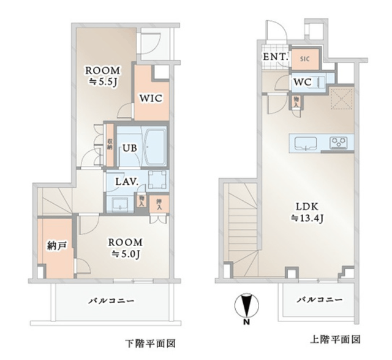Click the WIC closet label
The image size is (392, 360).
click(151, 99)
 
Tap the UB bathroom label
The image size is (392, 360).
click(130, 148)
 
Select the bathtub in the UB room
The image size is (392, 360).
click(154, 146)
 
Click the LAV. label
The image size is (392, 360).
click(127, 182)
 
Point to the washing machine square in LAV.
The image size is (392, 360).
click(157, 179)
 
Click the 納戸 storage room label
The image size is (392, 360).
click(57, 246)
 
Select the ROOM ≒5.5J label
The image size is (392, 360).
click(103, 76)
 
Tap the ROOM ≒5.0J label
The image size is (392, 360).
click(125, 248)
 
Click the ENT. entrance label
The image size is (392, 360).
click(274, 57)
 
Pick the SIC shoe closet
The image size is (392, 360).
click(305, 59)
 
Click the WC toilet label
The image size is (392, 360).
click(303, 82)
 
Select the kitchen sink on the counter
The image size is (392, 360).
click(306, 144)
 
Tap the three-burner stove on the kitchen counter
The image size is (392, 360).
click(339, 143)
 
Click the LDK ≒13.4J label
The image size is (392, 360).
click(307, 212)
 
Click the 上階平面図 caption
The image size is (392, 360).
click(335, 340)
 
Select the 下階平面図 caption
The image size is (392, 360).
click(150, 343)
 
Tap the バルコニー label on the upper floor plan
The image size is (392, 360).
click(319, 299)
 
